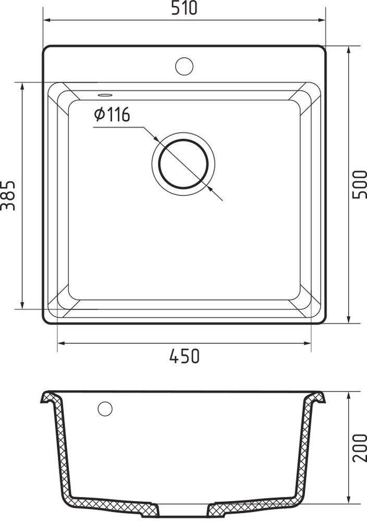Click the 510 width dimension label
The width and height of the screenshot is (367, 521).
[184, 8]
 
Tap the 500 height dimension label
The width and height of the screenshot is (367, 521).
[359, 185]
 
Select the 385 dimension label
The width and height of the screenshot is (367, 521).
[8, 196]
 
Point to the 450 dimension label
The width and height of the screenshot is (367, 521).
[185, 356]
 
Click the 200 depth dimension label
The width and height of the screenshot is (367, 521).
[359, 448]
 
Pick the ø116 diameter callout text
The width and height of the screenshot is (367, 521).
[112, 115]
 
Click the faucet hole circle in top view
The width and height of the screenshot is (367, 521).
[184, 66]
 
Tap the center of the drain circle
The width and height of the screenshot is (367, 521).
[184, 164]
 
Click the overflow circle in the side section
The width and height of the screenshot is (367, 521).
[105, 408]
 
